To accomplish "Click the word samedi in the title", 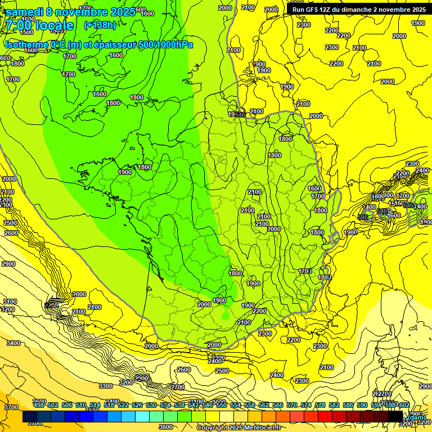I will click(x=25, y=12).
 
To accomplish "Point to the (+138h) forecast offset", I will click(x=100, y=25).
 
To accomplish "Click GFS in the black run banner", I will click(x=316, y=10).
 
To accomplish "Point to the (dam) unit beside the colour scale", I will click(x=416, y=417).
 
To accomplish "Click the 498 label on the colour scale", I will click(x=38, y=405).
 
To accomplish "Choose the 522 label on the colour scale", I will click(x=123, y=405).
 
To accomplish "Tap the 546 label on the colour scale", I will click(x=207, y=405).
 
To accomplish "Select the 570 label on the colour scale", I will click(x=291, y=405).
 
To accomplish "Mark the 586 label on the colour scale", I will click(x=348, y=405).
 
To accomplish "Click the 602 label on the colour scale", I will click(x=404, y=405).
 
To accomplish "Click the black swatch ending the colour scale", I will click(x=395, y=417).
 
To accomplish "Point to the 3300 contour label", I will click(x=105, y=386).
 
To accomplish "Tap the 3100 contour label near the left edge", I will click(x=8, y=302).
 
